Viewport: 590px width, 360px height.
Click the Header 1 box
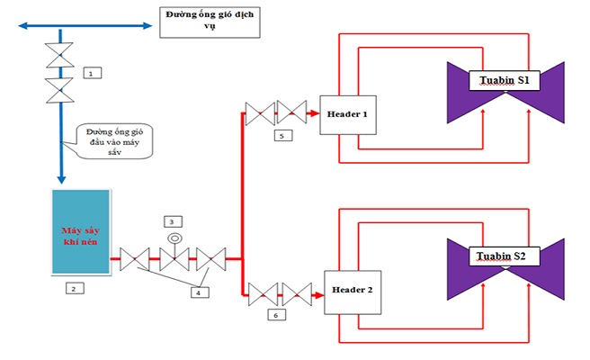[x=348, y=115]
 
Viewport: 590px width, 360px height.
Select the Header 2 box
[x=353, y=292]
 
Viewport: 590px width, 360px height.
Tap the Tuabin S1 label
[x=505, y=81]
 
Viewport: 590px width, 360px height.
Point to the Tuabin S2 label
[x=505, y=256]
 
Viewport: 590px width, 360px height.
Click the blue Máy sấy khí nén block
[x=81, y=232]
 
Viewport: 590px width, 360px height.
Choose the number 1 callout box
[x=93, y=73]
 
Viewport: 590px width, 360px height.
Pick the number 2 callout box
[x=75, y=289]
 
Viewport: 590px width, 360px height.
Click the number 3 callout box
[x=173, y=221]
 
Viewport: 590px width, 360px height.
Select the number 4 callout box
[x=200, y=292]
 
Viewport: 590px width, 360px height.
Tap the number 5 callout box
[x=283, y=136]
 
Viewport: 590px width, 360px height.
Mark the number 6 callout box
[x=277, y=315]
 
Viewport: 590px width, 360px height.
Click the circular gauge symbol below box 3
[x=174, y=238]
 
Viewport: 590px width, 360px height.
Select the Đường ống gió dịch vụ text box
[x=210, y=22]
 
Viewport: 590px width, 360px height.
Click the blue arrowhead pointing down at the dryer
[x=61, y=179]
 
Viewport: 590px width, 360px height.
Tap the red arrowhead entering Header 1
[x=313, y=113]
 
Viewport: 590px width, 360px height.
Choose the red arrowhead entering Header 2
[x=318, y=295]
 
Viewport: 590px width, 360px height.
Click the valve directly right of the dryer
[x=135, y=259]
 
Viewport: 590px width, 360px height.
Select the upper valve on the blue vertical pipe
[x=60, y=55]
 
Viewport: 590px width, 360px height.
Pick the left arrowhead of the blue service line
[x=23, y=25]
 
